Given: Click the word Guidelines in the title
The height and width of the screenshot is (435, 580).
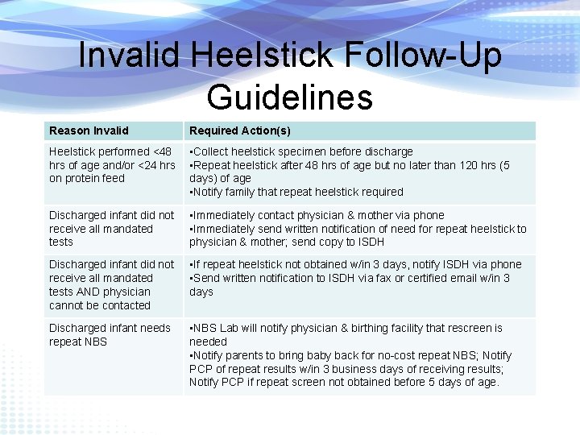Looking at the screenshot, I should pos(290,97).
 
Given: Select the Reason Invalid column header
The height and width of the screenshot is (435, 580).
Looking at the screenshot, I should pos(89,130).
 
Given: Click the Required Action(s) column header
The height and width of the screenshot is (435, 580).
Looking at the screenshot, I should pos(240,130).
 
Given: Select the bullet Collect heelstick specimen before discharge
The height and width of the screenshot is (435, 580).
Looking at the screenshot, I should pos(302,151).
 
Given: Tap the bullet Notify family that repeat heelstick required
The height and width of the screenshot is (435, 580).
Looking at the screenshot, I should pos(297,193).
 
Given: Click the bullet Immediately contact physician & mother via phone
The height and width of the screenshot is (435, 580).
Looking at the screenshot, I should pos(317,215).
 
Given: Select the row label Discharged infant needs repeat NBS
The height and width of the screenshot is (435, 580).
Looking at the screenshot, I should pos(110,334).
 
